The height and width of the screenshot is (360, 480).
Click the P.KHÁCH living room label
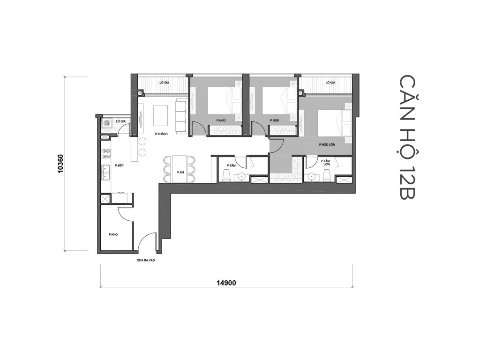[161, 134]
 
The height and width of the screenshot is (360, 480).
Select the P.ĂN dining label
[180, 172]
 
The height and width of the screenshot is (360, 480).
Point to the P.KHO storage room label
[112, 234]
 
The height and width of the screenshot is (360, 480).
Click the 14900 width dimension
[225, 282]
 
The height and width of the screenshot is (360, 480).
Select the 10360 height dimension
[60, 164]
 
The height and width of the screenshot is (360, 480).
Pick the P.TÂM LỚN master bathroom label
[327, 163]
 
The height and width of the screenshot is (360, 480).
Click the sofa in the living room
[180, 115]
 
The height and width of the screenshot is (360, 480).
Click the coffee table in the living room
[160, 115]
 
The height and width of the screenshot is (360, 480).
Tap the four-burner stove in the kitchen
[106, 154]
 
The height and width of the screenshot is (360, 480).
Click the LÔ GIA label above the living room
[164, 82]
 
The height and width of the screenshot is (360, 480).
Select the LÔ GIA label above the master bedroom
[330, 82]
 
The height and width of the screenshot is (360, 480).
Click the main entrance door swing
[146, 241]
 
